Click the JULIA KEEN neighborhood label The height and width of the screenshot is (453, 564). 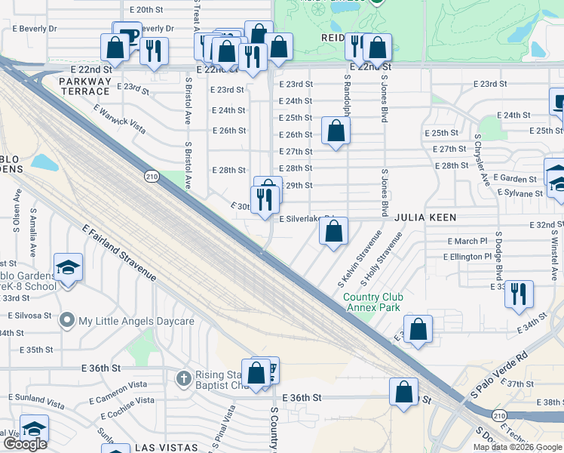422,217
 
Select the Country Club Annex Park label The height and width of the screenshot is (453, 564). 373,303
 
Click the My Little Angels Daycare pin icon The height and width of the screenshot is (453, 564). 68,321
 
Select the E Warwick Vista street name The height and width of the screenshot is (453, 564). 119,115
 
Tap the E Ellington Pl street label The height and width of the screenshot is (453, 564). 467,257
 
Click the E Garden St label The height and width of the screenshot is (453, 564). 516,180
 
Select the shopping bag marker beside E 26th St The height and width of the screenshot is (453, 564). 336,131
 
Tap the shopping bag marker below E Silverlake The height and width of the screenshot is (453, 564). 333,231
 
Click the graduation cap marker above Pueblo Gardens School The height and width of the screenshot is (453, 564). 68,267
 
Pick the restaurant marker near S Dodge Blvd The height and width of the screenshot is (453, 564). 518,293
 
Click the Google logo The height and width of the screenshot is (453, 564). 25,444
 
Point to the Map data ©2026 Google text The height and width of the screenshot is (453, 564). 516,447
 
